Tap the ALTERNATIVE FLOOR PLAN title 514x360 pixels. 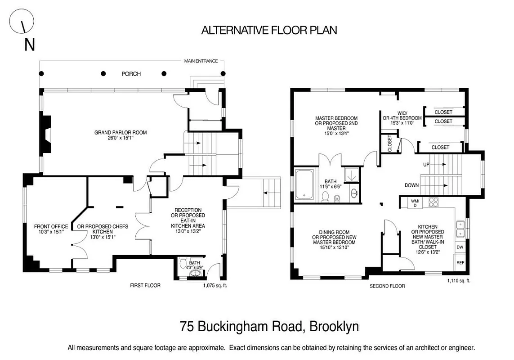(x=269, y=31)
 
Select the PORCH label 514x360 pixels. (x=131, y=74)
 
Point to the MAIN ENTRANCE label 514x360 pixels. (x=201, y=61)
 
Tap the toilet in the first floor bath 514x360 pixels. (x=183, y=263)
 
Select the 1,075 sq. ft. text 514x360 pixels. (x=215, y=285)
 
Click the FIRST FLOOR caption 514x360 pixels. (x=145, y=285)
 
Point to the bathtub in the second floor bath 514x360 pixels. (x=306, y=184)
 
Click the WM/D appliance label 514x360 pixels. (x=415, y=203)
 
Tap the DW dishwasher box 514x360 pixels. (x=460, y=247)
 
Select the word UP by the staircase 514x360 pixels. (x=426, y=165)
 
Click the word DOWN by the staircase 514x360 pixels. (x=411, y=185)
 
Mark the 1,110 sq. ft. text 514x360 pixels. (x=459, y=281)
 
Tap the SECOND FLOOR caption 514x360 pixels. (x=387, y=286)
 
